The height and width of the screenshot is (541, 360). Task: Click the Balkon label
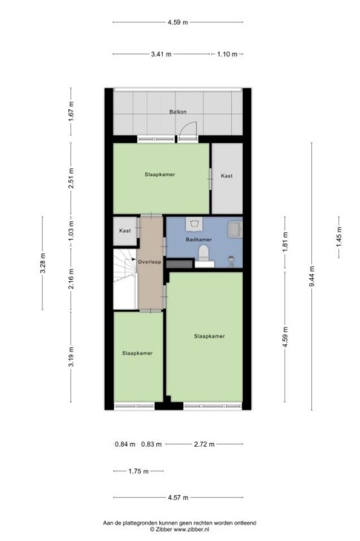pos(178,112)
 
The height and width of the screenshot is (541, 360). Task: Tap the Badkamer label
pos(199,240)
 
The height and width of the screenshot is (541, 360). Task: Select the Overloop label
pos(149,262)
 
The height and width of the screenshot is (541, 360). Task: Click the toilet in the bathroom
pos(204,253)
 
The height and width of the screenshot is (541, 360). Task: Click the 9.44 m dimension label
pos(311,276)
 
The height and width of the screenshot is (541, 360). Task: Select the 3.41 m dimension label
pos(161,54)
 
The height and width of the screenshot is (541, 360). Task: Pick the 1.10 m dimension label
pos(227,54)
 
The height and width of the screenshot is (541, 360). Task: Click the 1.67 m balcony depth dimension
pos(71,111)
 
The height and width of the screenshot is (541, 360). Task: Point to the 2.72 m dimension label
pos(204,444)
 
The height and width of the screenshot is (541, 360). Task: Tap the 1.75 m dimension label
pos(138,471)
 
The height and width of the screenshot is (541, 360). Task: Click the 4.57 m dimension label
pos(178,497)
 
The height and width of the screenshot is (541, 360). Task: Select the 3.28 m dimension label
pos(42,263)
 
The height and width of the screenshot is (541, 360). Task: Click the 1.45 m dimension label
pos(339,237)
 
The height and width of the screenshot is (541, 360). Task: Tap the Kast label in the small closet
pos(125,230)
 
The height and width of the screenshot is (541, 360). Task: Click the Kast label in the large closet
pos(226,176)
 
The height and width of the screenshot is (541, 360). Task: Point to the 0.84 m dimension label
pos(125,444)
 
